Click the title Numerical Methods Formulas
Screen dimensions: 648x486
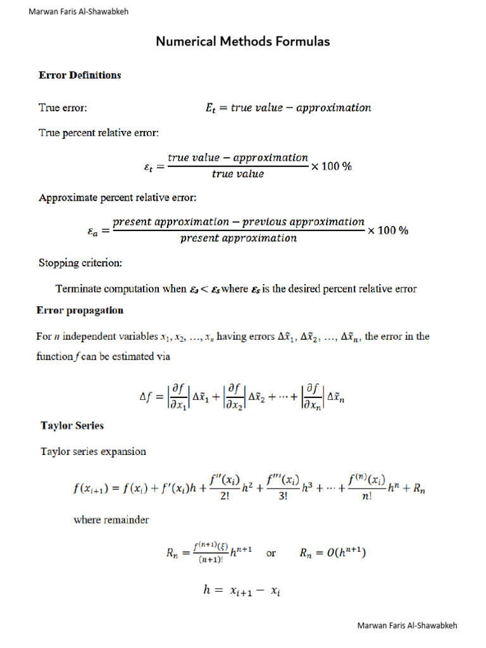(243, 42)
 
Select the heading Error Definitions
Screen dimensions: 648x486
(80, 75)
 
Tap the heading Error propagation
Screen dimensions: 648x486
(80, 311)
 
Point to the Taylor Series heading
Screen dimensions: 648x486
(72, 426)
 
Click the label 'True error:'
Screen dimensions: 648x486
(63, 108)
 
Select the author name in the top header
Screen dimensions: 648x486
(78, 11)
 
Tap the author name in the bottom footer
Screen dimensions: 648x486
(407, 626)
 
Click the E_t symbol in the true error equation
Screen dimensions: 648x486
(212, 108)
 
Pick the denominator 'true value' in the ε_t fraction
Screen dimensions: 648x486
(238, 174)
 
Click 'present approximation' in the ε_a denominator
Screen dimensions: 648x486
(238, 239)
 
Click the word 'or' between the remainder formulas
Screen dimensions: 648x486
(271, 554)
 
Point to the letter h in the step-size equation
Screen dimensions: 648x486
(206, 590)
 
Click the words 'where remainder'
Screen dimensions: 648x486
(111, 520)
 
